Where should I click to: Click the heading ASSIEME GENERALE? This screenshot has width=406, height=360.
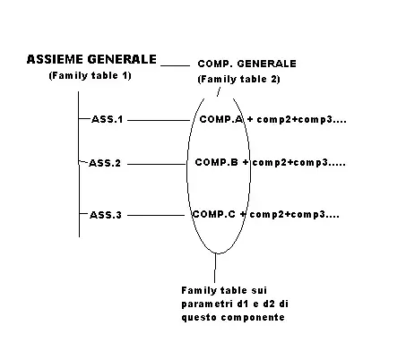tap(91, 59)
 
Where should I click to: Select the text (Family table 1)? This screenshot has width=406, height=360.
tap(91, 75)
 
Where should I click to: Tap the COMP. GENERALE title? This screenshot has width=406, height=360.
tap(247, 64)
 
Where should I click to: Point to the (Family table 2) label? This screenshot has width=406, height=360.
tap(239, 79)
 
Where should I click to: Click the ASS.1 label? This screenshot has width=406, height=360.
tap(108, 119)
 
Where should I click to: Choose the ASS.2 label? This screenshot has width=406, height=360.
tap(105, 163)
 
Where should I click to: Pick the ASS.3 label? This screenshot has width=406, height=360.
tap(106, 215)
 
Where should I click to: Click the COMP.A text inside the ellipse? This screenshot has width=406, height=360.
tap(221, 119)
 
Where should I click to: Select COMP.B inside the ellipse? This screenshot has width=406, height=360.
tap(217, 162)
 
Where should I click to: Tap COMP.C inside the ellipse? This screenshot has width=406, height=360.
tap(214, 214)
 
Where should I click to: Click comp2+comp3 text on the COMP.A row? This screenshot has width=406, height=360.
tap(301, 119)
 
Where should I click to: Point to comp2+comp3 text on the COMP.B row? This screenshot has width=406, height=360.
tap(298, 163)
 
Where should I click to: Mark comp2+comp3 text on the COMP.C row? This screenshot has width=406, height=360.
tap(294, 215)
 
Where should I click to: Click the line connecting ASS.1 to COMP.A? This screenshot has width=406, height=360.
tap(159, 120)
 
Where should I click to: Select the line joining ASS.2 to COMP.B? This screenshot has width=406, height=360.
tap(157, 164)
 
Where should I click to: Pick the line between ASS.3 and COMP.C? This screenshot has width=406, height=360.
tap(156, 215)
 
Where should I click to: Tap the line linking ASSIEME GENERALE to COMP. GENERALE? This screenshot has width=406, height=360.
tap(175, 65)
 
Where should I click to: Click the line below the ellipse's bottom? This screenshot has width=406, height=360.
tap(215, 268)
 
